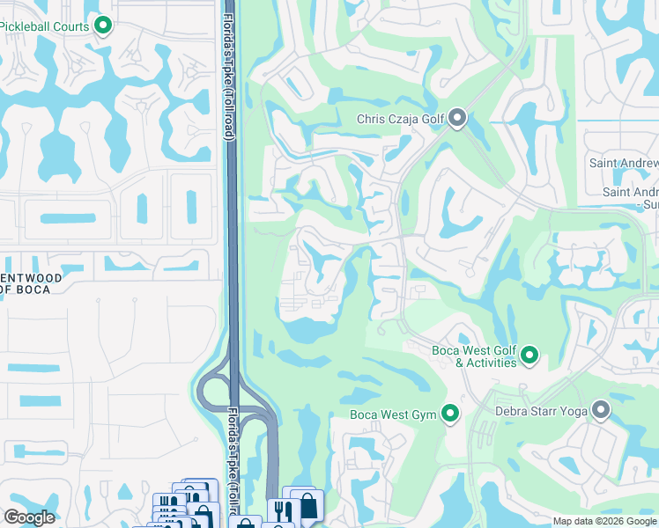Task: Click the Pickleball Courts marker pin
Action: click(103, 26)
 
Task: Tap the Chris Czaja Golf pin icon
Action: click(456, 118)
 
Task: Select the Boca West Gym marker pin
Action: click(450, 414)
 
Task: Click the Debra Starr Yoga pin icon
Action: click(601, 410)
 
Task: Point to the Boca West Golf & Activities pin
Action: click(529, 356)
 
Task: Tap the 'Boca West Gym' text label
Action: click(393, 414)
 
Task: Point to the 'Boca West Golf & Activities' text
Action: click(474, 356)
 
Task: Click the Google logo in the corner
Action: click(29, 517)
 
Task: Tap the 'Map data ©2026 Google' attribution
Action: click(604, 521)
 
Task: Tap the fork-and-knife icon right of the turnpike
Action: click(282, 511)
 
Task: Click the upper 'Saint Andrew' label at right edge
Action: click(623, 164)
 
